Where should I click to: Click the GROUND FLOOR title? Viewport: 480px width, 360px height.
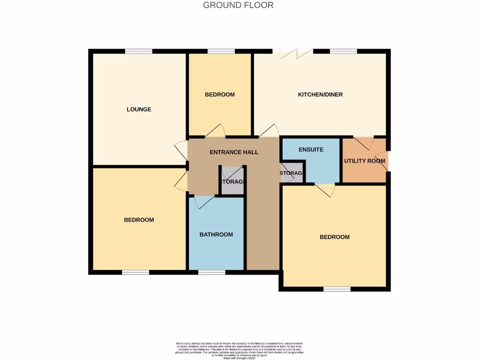(x=238, y=5)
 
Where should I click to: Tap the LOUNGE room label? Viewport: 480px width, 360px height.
(x=139, y=109)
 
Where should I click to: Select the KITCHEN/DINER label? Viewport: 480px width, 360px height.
(x=320, y=94)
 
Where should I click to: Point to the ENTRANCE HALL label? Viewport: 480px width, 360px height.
(x=233, y=152)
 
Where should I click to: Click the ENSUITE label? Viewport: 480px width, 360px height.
(x=310, y=150)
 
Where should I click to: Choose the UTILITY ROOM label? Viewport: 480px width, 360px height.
(x=364, y=161)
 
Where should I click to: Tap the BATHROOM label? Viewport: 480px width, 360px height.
(x=216, y=234)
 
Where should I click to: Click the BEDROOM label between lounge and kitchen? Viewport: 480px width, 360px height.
(x=219, y=94)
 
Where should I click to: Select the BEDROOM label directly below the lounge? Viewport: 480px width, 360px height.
(x=139, y=220)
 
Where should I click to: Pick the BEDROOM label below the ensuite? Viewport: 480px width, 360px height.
(x=334, y=237)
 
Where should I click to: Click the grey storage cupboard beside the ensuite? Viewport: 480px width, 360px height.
(x=292, y=172)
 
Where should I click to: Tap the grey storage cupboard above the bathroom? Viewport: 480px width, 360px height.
(x=232, y=181)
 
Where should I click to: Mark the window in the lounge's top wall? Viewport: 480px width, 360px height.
(x=138, y=51)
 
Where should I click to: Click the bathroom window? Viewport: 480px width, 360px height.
(x=211, y=272)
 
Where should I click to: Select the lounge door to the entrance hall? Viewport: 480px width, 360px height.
(x=181, y=151)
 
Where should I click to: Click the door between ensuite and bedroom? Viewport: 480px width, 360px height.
(x=324, y=189)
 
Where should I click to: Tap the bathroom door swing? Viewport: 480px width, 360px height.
(x=203, y=202)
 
